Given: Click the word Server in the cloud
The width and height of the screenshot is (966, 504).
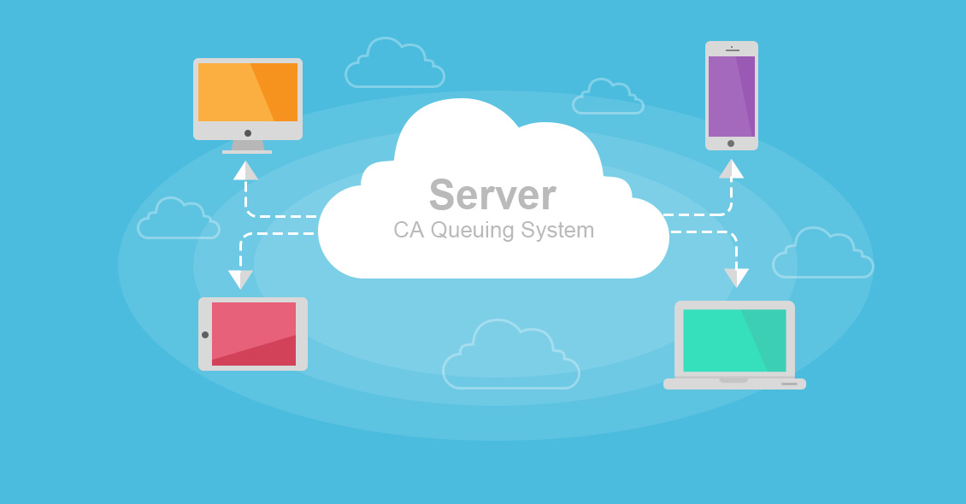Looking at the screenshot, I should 492,195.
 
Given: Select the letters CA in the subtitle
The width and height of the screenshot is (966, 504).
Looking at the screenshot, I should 408,230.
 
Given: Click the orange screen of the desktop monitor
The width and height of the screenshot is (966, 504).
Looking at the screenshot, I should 248,92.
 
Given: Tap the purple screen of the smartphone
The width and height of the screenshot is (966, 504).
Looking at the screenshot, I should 731,96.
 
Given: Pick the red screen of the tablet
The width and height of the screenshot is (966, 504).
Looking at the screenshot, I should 254,333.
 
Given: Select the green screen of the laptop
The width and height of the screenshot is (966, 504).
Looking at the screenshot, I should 734,340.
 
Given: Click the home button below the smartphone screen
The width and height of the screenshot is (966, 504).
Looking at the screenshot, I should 731,144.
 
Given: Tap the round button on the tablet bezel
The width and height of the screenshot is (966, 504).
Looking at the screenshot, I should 205,335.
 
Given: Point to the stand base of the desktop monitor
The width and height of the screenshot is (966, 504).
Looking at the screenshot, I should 247,151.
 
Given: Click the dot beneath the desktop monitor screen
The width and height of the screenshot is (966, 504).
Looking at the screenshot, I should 248,133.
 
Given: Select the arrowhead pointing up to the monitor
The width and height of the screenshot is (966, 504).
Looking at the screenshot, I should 245,171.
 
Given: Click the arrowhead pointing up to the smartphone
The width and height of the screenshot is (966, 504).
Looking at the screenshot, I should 731,169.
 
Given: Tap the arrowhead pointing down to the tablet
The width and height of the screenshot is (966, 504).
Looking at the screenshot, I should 240,279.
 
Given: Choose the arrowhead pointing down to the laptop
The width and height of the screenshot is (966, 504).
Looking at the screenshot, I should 736,278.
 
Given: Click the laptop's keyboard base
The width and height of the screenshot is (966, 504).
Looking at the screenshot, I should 734,384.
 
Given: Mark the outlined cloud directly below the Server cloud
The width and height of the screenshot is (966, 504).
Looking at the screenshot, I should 511,356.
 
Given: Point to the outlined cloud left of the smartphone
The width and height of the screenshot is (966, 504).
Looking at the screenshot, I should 608,97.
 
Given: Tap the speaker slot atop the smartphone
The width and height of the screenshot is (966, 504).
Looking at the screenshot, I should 732,50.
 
